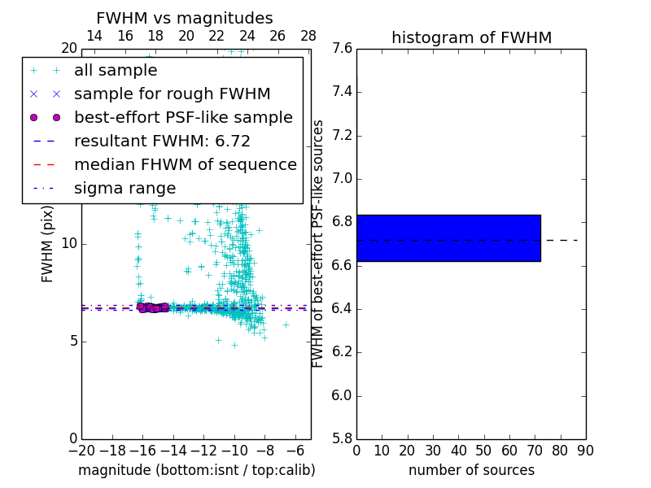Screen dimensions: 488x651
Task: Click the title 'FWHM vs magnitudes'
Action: click(x=185, y=19)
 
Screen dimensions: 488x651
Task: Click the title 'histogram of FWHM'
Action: click(x=471, y=37)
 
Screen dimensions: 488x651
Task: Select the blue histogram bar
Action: click(x=448, y=238)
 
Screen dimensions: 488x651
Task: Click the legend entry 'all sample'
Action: click(x=116, y=71)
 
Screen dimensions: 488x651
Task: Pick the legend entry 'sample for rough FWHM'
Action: click(x=172, y=94)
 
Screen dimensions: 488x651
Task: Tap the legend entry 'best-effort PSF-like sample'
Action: click(x=183, y=117)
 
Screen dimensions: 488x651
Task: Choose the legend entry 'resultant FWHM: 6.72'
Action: click(x=162, y=141)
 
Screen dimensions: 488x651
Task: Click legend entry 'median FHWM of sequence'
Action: click(x=185, y=164)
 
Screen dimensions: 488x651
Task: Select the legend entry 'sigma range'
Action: click(x=125, y=188)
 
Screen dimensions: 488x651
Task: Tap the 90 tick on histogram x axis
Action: click(x=585, y=451)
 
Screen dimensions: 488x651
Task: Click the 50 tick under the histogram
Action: click(x=483, y=451)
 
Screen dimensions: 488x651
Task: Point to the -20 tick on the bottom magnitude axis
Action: click(x=81, y=451)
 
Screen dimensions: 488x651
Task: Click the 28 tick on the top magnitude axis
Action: click(x=308, y=36)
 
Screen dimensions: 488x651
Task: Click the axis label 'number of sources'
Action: click(x=471, y=470)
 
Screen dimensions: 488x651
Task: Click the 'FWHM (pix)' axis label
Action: click(x=48, y=243)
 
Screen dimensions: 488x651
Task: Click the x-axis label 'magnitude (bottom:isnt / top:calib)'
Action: click(x=196, y=470)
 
